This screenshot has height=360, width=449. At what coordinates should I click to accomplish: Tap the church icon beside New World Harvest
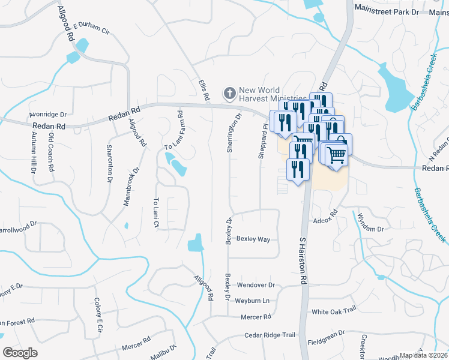click(x=229, y=93)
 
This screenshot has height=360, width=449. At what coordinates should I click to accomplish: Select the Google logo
click(x=20, y=353)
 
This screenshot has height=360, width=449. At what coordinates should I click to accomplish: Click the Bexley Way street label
click(x=253, y=239)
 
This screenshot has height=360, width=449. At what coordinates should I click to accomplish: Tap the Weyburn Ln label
click(x=253, y=300)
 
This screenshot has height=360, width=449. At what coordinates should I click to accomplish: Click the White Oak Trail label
click(x=334, y=312)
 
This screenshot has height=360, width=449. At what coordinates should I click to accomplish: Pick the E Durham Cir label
click(x=92, y=29)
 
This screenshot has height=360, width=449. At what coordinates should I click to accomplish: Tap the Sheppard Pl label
click(x=262, y=142)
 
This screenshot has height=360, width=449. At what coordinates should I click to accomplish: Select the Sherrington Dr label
click(x=230, y=133)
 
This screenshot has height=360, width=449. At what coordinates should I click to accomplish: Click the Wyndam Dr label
click(x=370, y=223)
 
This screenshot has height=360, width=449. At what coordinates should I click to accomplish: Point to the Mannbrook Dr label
click(x=131, y=187)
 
